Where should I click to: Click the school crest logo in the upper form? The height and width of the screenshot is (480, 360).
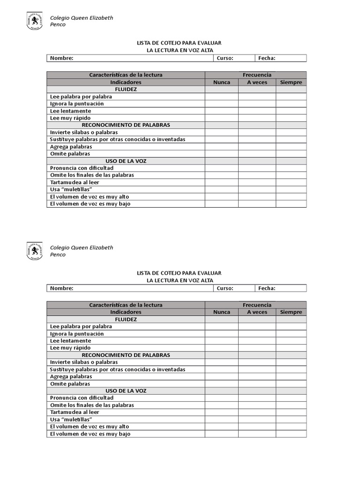point(35,21)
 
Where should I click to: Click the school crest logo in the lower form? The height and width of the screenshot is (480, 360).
point(35,251)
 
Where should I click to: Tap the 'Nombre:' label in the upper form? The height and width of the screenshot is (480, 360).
point(62,58)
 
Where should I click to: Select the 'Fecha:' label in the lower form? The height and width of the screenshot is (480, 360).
point(267,288)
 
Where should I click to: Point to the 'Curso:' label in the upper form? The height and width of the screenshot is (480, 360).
point(225,58)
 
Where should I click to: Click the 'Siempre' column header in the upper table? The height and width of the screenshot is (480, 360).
point(291,82)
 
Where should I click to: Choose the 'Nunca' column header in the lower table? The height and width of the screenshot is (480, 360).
point(222,312)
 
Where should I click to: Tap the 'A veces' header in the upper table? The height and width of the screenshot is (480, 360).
point(257,82)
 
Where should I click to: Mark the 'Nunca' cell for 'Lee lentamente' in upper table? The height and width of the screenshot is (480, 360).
point(222,111)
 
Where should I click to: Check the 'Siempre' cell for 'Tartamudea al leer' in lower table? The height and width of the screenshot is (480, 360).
point(291,412)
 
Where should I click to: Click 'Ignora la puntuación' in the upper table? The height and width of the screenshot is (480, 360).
point(77,104)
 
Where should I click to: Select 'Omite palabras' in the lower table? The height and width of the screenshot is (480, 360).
point(70,384)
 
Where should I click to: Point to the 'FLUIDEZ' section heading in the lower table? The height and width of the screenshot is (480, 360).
point(126,319)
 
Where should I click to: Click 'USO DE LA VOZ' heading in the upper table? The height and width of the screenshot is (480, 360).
point(126,161)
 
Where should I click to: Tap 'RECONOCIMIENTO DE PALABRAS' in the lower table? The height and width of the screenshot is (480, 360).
point(126,355)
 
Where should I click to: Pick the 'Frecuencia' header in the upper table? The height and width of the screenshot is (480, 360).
point(257,75)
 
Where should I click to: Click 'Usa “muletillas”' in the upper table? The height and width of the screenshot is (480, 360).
point(71,189)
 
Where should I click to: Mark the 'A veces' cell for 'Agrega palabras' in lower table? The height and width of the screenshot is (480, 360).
point(257,376)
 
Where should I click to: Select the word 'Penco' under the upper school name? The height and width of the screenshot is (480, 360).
point(58,25)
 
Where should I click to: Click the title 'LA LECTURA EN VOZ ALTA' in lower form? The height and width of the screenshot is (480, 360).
point(180,280)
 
